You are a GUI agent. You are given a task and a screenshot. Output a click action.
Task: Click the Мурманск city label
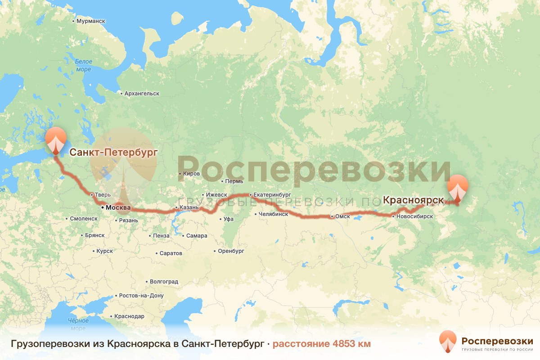90,21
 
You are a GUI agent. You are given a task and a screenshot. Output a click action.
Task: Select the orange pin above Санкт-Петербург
55,140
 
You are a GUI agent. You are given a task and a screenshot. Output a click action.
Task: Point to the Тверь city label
100,195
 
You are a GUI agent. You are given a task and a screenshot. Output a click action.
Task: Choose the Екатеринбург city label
273,195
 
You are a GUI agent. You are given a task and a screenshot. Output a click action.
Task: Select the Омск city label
342,216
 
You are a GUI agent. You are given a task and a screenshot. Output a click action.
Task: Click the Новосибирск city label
414,216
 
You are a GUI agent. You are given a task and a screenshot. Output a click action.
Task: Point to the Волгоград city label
164,282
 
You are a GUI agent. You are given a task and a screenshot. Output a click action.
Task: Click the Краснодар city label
129,316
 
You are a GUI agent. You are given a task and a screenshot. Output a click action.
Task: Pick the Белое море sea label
83,65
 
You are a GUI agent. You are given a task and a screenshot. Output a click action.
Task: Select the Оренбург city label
231,251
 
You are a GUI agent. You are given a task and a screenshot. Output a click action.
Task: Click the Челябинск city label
273,214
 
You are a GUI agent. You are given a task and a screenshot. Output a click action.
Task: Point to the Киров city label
192,173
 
